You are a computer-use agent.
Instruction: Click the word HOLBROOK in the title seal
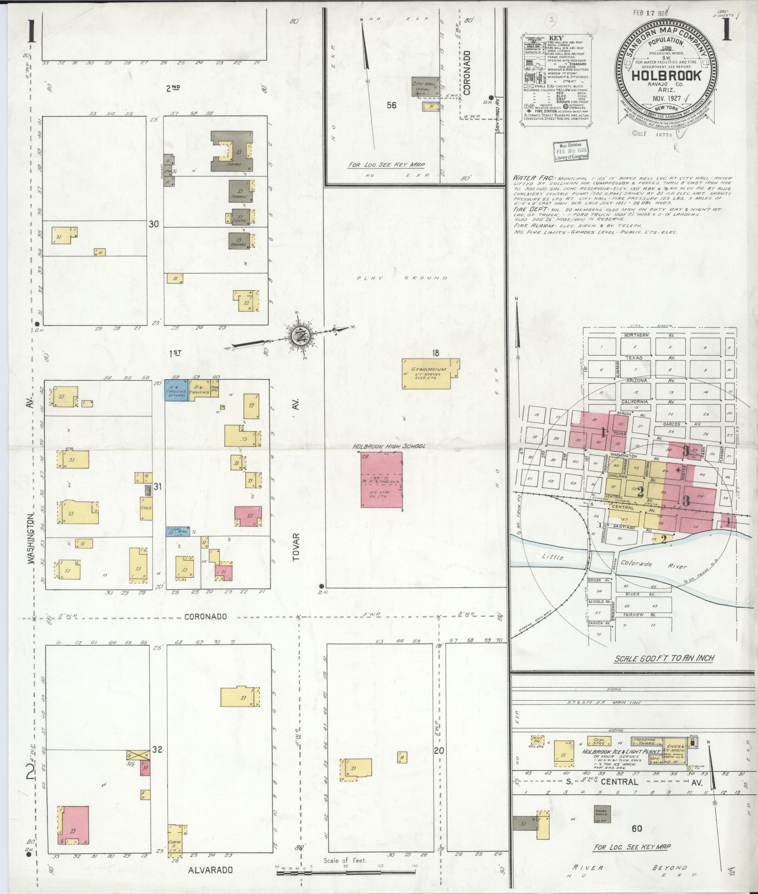[x=667, y=75]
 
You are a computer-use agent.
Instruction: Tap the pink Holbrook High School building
[x=381, y=480]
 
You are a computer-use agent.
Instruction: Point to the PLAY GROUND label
[x=402, y=278]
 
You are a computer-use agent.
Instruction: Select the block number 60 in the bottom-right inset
[x=638, y=828]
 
